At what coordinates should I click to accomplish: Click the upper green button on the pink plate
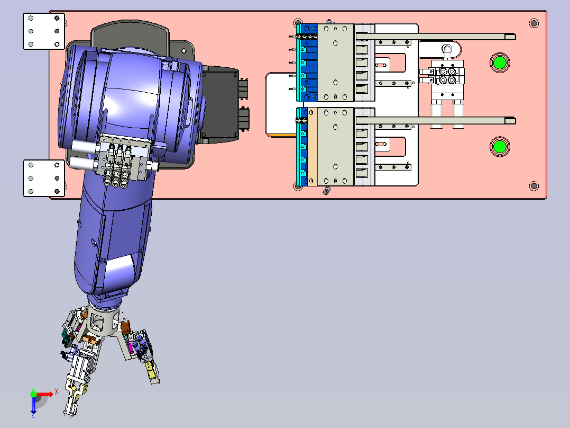(500, 63)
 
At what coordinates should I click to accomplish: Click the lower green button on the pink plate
(500, 146)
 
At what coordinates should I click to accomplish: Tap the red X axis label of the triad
(57, 392)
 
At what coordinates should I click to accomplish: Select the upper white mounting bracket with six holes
(44, 31)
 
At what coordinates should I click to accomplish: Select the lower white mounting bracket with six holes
(44, 178)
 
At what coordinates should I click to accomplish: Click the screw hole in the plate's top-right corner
(534, 23)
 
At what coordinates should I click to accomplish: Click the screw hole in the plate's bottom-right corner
(534, 186)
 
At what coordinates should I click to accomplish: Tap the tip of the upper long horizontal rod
(515, 37)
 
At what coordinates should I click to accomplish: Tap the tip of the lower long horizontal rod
(515, 121)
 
